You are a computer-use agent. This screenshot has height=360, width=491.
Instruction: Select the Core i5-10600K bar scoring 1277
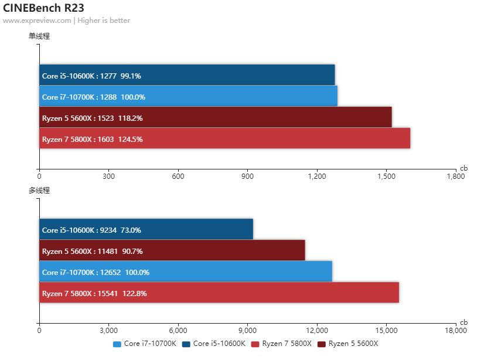187,75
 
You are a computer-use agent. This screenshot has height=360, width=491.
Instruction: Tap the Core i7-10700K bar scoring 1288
188,96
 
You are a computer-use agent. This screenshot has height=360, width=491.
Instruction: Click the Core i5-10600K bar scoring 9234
146,229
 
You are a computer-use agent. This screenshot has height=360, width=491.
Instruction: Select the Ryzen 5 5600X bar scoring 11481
172,250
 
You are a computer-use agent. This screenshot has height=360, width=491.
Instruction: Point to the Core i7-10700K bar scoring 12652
186,271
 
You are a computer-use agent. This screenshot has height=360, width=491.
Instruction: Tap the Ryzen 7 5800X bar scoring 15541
219,293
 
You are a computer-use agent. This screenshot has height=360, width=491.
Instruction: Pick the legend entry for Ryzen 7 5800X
282,344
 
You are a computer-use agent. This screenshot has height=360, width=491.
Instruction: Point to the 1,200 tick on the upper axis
317,176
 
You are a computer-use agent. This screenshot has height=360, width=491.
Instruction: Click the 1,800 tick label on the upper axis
456,176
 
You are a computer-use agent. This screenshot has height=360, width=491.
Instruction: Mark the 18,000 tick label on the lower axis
456,330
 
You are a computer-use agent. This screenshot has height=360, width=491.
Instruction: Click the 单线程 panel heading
39,36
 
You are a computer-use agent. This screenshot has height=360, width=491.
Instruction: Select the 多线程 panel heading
39,190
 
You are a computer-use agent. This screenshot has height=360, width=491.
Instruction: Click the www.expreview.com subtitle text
37,21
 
